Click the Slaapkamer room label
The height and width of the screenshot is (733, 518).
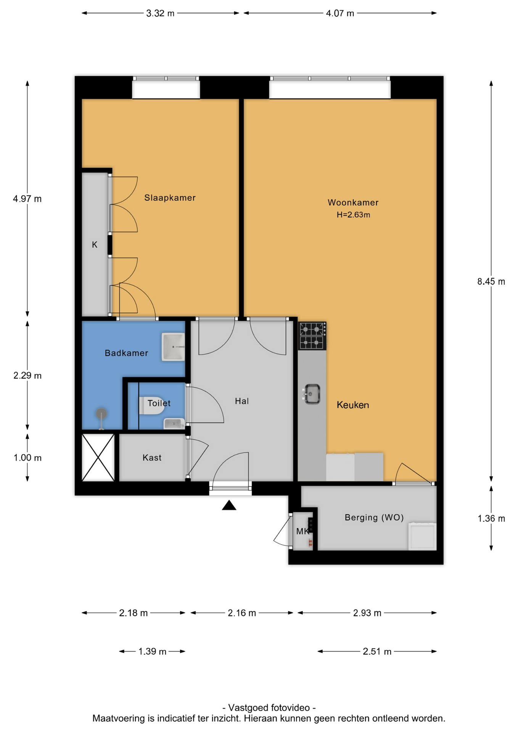coord(170,198)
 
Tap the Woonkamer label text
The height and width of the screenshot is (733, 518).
coord(353,203)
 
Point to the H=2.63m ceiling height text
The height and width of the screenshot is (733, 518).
coord(353,215)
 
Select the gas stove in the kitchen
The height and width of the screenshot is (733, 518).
coord(312,336)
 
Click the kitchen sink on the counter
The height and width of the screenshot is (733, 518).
coord(311,394)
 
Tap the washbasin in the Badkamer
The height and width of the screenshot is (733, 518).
coord(173,347)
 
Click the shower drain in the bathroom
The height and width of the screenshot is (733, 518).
coord(101,414)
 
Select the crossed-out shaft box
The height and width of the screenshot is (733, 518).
coord(98,457)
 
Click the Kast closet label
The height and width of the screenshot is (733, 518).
coord(152,458)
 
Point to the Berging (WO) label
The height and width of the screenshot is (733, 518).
coord(374,518)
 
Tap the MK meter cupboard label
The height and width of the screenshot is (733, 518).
coord(303,531)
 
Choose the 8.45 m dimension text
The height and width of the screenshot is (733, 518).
coord(491,282)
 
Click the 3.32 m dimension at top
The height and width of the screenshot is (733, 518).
coord(160,13)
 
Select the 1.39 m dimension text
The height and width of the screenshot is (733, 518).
coord(152,651)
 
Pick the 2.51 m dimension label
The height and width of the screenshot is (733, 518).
coord(377,651)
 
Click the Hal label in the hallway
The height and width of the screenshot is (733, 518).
coord(242,401)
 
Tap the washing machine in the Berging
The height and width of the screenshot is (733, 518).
coord(422,536)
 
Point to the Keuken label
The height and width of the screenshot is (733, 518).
coord(353,405)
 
